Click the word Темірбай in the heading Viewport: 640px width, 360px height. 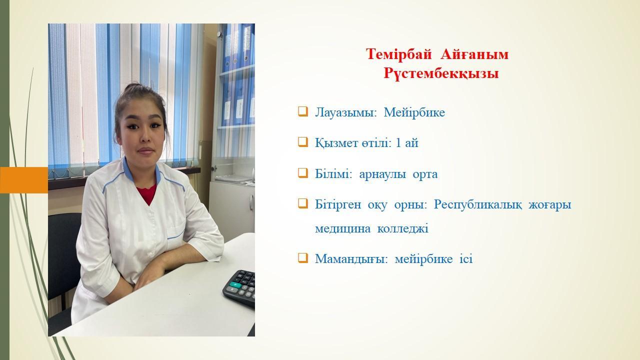[398, 54]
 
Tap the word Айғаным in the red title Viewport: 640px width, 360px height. [474, 54]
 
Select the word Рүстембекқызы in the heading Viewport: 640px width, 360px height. [441, 73]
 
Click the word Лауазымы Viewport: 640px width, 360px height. [345, 112]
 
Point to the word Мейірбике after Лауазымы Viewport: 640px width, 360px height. [414, 112]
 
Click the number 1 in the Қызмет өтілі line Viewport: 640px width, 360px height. [398, 143]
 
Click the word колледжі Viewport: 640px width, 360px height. [403, 229]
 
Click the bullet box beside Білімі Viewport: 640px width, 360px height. [303, 173]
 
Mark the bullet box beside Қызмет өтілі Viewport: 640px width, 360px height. [303, 142]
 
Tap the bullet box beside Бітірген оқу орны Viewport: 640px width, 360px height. [303, 203]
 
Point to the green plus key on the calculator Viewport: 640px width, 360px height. [235, 285]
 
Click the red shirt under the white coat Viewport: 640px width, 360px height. [147, 193]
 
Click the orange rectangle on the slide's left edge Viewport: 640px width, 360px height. [24, 180]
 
